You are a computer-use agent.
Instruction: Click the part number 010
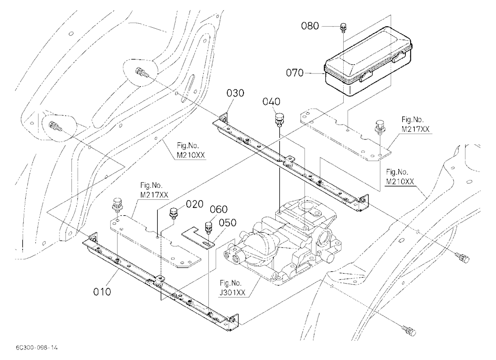point(102,292)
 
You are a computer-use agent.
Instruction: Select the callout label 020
point(194,204)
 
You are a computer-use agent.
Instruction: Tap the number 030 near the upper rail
point(235,93)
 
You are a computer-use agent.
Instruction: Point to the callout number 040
point(271,102)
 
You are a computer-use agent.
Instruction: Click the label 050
point(228,223)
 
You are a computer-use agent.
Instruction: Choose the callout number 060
point(219,209)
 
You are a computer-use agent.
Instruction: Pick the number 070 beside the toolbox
point(295,73)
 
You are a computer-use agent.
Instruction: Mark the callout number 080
point(310,26)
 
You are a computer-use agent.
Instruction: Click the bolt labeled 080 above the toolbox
point(343,28)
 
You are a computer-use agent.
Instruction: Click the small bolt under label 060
point(208,227)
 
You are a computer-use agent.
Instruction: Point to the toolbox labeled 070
point(368,60)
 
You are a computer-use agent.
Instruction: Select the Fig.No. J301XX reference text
point(233,288)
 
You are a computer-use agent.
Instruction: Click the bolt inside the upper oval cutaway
point(141,73)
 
